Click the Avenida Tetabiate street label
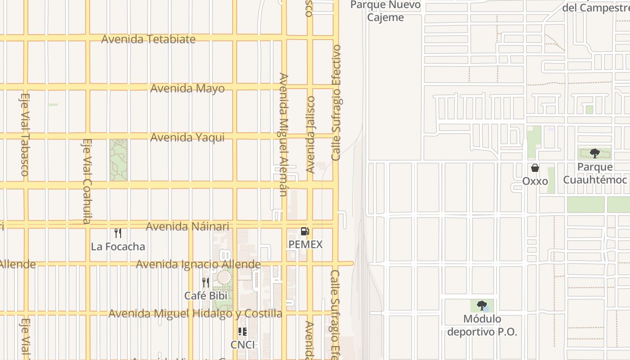pyautogui.click(x=148, y=39)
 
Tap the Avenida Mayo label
pyautogui.click(x=187, y=88)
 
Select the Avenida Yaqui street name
pyautogui.click(x=187, y=137)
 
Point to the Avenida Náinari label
pyautogui.click(x=187, y=226)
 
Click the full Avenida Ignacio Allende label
pyautogui.click(x=198, y=264)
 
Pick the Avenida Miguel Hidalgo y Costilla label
pyautogui.click(x=195, y=313)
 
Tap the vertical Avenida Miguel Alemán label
pyautogui.click(x=283, y=135)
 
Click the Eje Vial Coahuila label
pyautogui.click(x=87, y=181)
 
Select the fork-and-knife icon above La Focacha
pyautogui.click(x=118, y=233)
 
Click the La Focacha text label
pyautogui.click(x=118, y=247)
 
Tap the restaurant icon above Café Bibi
pyautogui.click(x=205, y=283)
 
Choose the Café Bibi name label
pyautogui.click(x=205, y=296)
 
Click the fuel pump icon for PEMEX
pyautogui.click(x=305, y=231)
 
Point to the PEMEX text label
pyautogui.click(x=306, y=244)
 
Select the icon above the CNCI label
pyautogui.click(x=243, y=332)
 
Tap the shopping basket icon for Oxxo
pyautogui.click(x=535, y=168)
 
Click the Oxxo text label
pyautogui.click(x=535, y=181)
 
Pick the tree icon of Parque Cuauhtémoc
pyautogui.click(x=595, y=153)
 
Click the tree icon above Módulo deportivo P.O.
pyautogui.click(x=482, y=306)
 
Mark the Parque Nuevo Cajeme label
pyautogui.click(x=385, y=11)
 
